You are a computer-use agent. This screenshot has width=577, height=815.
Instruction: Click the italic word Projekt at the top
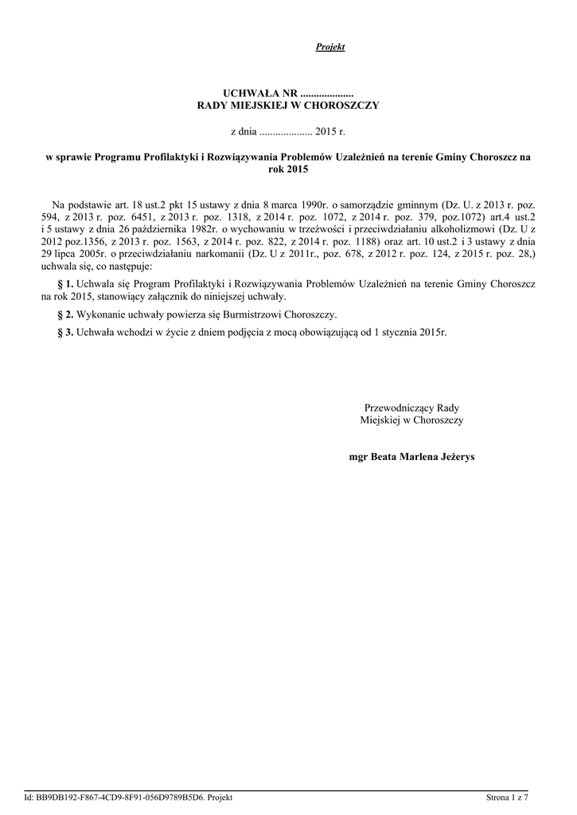click(x=329, y=48)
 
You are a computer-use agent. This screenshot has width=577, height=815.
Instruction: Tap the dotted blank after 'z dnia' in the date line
click(x=286, y=129)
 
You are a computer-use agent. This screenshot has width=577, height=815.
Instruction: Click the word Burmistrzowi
click(x=240, y=314)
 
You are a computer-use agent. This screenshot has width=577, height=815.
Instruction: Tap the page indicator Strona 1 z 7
click(x=508, y=798)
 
